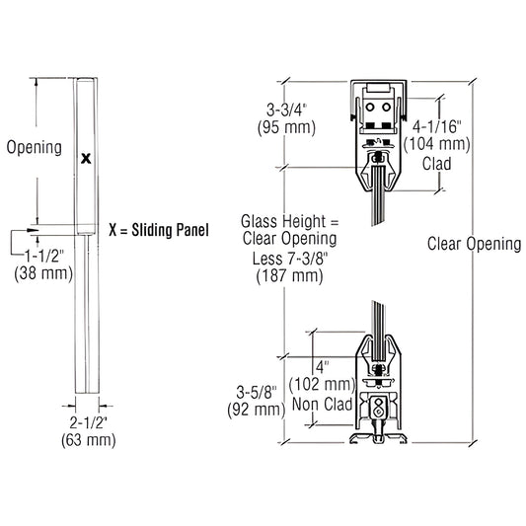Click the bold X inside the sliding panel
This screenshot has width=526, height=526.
(x=86, y=157)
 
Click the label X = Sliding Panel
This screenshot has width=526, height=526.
(x=159, y=231)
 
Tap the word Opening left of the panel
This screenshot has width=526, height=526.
(x=35, y=148)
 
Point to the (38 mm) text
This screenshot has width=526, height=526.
(x=45, y=274)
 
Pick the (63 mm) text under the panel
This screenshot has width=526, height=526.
(x=88, y=440)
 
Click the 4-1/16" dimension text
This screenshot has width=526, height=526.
(x=433, y=127)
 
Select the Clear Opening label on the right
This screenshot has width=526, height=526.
(x=474, y=243)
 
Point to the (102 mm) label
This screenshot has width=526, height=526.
(x=320, y=385)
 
